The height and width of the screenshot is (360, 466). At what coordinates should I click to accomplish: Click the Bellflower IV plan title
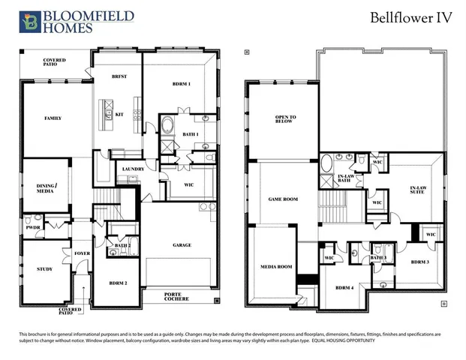coord(412,19)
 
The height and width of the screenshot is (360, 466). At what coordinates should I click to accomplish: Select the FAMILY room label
coord(53,118)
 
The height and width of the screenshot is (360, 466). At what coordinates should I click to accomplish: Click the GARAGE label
coord(182,244)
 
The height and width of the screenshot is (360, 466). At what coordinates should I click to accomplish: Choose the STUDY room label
coord(45,268)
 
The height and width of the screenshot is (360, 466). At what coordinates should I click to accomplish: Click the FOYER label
coord(83,253)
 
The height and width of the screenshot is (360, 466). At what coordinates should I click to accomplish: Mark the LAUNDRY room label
coord(133,169)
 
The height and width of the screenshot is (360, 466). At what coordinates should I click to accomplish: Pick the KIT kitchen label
coord(119,114)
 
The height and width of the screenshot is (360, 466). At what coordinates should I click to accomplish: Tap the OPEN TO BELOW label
coord(286,120)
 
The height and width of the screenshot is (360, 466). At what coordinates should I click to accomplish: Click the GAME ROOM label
coord(284,199)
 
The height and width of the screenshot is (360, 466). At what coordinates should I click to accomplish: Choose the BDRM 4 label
coord(344,288)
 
